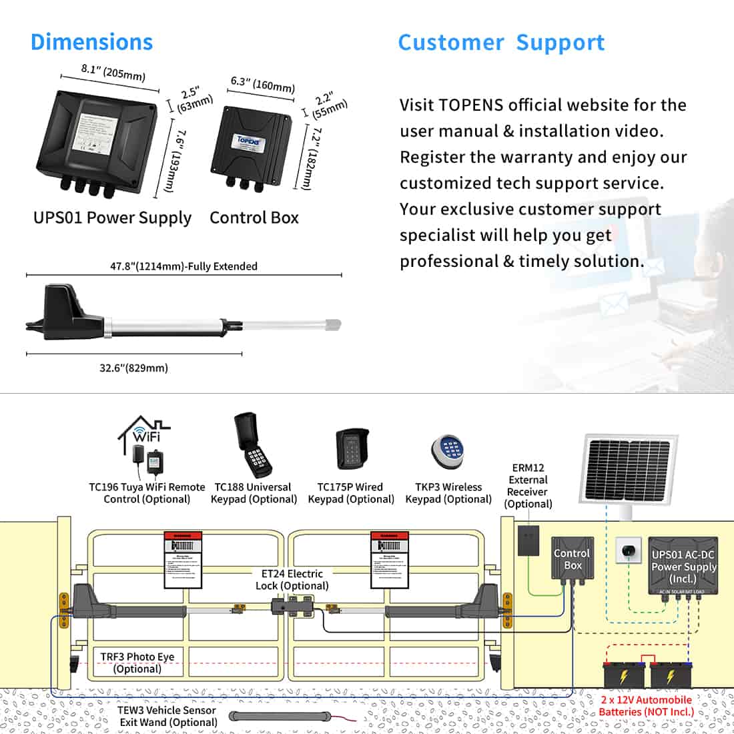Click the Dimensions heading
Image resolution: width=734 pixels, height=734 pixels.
(x=91, y=42)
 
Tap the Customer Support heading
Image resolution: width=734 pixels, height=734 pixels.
(x=501, y=43)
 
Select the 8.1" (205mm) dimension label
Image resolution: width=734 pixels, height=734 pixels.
(x=113, y=71)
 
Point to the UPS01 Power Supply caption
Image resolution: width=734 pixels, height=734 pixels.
(x=112, y=218)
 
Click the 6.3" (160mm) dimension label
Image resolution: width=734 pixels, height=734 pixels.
(x=262, y=84)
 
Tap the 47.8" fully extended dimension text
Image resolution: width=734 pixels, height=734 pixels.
(x=183, y=266)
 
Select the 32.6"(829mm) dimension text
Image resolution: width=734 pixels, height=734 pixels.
(x=133, y=368)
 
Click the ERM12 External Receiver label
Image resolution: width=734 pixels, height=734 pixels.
(x=528, y=486)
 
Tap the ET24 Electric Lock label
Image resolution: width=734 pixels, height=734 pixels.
(x=292, y=579)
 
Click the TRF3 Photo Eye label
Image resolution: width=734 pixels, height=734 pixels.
(x=137, y=663)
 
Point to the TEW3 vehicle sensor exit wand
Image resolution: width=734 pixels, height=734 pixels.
(x=280, y=717)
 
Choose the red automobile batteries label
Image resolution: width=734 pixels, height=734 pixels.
(x=646, y=705)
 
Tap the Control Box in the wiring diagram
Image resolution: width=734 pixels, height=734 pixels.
(x=572, y=559)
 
